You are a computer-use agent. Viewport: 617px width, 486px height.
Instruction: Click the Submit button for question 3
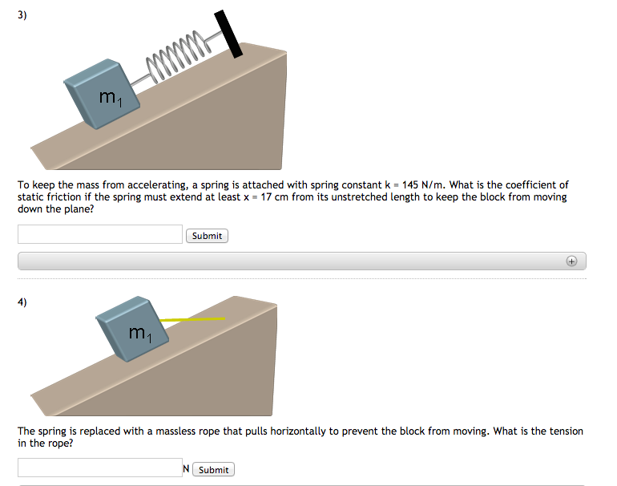point(207,236)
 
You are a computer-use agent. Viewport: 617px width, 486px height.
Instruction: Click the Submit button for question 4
point(213,470)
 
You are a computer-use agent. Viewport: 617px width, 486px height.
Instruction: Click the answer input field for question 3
point(100,234)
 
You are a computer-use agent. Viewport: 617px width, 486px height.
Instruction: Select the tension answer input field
point(100,468)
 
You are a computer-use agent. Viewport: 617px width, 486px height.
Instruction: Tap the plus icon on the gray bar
point(571,261)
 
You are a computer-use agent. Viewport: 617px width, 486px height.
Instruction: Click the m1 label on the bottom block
point(139,331)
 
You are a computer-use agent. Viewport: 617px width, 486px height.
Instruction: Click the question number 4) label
point(22,302)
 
